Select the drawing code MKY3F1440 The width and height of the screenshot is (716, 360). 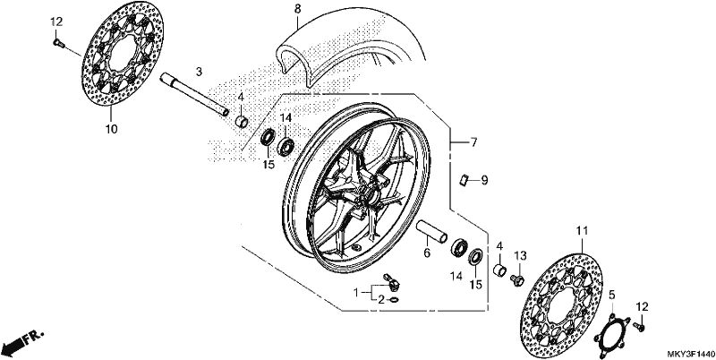tap(690, 354)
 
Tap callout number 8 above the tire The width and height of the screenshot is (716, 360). tap(298, 9)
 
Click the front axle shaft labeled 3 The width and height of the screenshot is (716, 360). tap(194, 95)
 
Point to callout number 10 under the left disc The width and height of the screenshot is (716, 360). tap(111, 129)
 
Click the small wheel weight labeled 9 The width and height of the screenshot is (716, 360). tap(465, 179)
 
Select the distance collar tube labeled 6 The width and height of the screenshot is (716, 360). tap(432, 232)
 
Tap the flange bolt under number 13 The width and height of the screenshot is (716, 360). tap(518, 279)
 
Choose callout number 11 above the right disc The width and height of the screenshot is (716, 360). tap(582, 231)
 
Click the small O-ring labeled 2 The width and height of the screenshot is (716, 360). tap(395, 300)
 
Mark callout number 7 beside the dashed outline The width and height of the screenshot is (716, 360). tap(473, 142)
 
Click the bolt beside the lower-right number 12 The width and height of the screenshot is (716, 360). tap(638, 326)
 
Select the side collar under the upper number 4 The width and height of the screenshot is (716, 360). tap(242, 122)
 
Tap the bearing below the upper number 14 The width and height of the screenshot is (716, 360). tap(286, 145)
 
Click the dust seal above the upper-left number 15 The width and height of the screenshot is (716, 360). tap(268, 137)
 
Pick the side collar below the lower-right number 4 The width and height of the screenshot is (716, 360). tap(499, 270)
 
